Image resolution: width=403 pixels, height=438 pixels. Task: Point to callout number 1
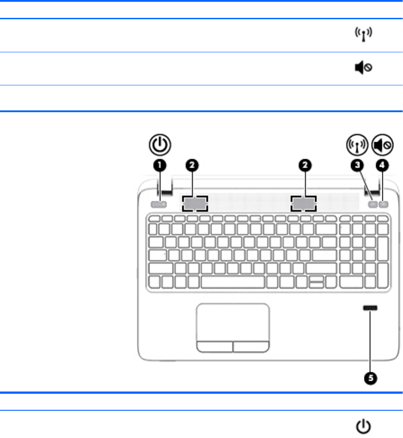[x=160, y=166]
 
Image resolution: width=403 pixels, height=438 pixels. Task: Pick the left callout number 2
[x=191, y=166]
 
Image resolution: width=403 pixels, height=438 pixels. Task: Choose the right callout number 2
[x=305, y=166]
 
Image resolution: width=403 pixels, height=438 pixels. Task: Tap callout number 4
[x=382, y=166]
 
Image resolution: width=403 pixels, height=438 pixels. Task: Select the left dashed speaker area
[x=195, y=204]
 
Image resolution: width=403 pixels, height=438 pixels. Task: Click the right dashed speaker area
[x=303, y=204]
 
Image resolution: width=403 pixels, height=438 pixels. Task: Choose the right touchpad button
[x=251, y=346]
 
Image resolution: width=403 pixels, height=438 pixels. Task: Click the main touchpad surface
[x=232, y=321]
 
